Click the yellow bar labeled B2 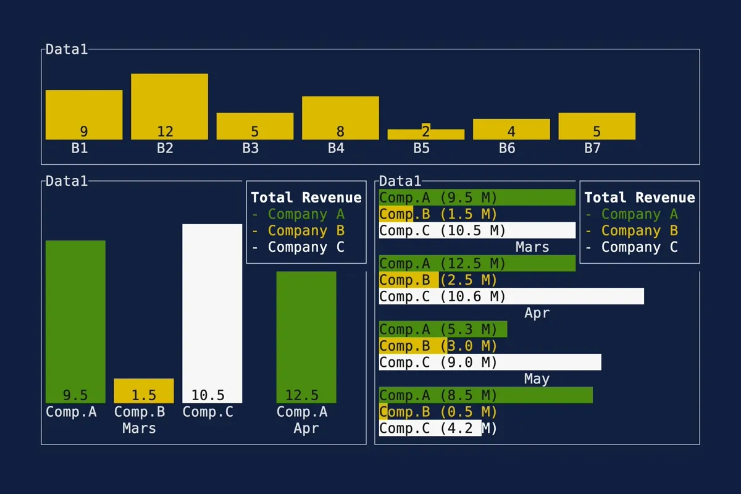tap(169, 105)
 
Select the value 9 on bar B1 tap(84, 132)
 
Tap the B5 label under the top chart tap(421, 148)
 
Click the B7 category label tap(592, 148)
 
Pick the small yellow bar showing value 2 tap(425, 133)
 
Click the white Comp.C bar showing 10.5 tap(212, 309)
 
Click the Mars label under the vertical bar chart tap(139, 429)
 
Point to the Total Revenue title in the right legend tap(639, 198)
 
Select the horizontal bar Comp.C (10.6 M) tap(511, 296)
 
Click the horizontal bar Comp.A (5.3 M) tap(443, 330)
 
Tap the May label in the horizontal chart tap(536, 379)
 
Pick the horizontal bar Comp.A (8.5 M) tap(485, 395)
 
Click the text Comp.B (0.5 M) tap(438, 412)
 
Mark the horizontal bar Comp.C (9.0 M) tap(490, 362)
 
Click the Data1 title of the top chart tap(67, 49)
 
